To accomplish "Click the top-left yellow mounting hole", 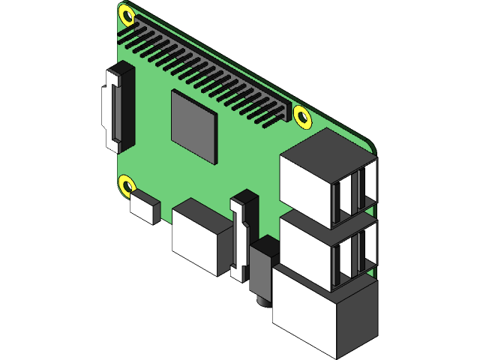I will point(127,15).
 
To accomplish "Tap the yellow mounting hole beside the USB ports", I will point(302,117).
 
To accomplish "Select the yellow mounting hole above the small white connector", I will point(127,184).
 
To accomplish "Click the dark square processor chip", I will point(194,125).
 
